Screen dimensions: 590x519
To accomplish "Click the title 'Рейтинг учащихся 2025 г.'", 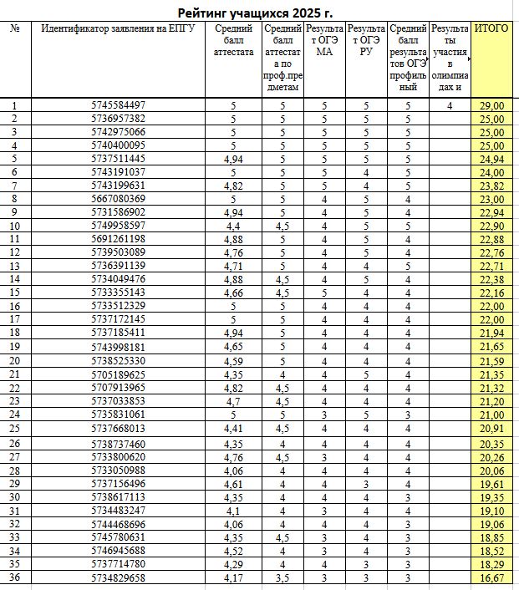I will point(261,13).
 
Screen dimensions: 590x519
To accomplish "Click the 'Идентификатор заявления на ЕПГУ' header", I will point(118,29).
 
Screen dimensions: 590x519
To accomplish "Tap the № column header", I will point(15,29).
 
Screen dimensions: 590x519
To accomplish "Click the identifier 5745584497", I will point(118,105).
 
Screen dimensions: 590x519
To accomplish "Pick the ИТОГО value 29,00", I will point(492,105).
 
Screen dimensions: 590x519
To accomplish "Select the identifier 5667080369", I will point(118,199).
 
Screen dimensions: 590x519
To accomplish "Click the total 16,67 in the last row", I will point(492,577).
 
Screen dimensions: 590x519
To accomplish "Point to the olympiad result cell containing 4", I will point(450,105).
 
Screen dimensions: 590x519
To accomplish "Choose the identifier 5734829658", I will point(118,577).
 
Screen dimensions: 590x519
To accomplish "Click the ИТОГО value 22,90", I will point(492,226).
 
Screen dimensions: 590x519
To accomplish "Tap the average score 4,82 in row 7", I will point(233,186).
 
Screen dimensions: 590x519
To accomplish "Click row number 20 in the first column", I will point(15,360).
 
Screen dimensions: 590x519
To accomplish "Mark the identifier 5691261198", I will point(118,239).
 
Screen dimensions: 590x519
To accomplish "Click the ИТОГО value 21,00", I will point(492,414).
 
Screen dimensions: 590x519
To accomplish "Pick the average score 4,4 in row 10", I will point(233,226).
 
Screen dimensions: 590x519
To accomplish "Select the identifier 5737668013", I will point(118,429).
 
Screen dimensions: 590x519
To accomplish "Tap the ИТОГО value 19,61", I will point(492,483).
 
